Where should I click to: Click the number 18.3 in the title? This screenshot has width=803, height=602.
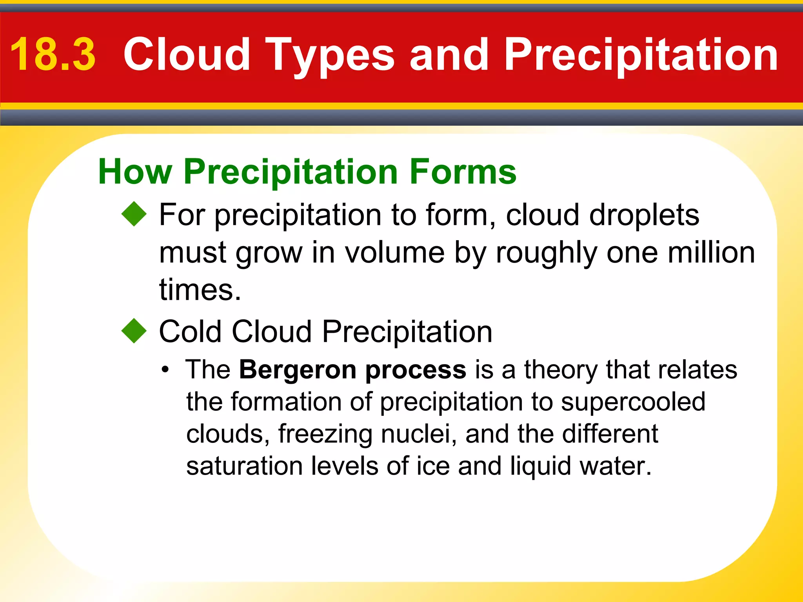pyautogui.click(x=53, y=55)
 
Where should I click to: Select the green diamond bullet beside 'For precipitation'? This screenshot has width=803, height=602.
pyautogui.click(x=134, y=214)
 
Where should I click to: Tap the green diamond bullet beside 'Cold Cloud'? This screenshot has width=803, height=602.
pyautogui.click(x=134, y=331)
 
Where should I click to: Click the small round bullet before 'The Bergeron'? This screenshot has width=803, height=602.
pyautogui.click(x=166, y=370)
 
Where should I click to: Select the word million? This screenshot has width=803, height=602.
pyautogui.click(x=711, y=253)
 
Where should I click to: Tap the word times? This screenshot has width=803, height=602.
pyautogui.click(x=200, y=290)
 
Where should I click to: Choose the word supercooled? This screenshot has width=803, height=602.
pyautogui.click(x=633, y=403)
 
